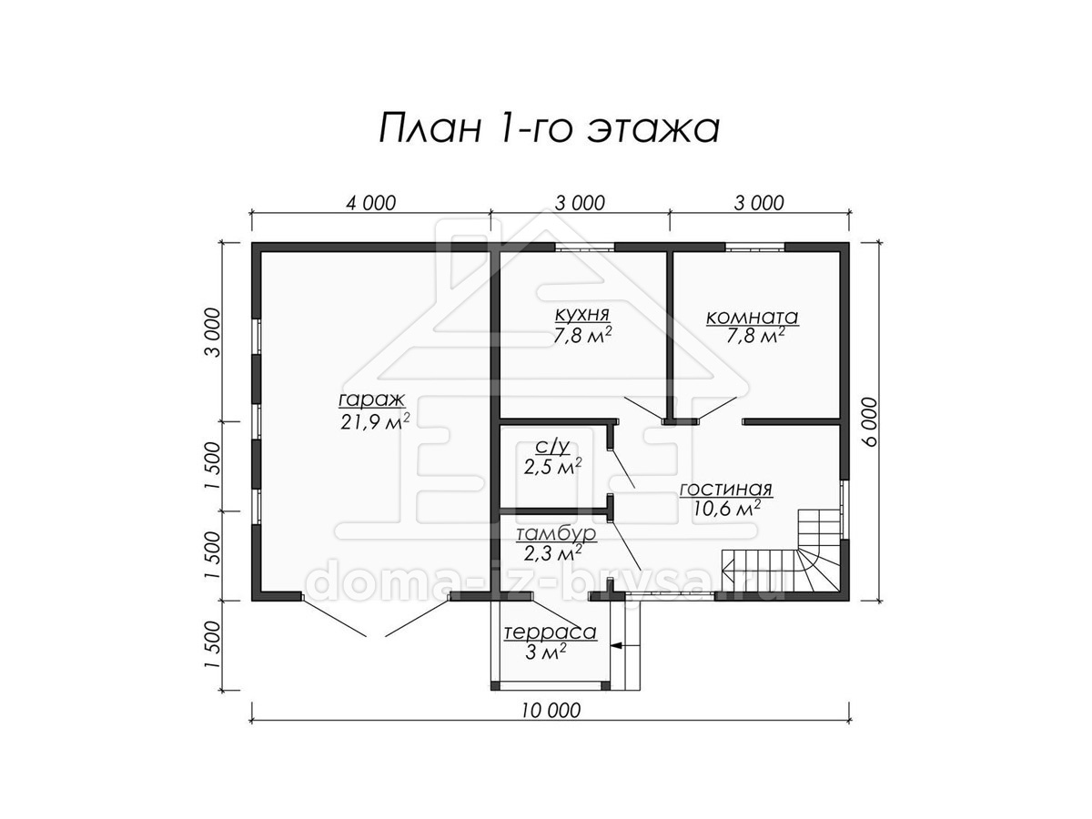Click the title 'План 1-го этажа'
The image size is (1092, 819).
coord(550,129)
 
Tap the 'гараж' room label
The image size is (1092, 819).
coord(372,399)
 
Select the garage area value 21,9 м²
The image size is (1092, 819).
coord(375,420)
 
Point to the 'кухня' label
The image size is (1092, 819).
coord(582,315)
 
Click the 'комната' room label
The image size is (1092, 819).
coord(753,317)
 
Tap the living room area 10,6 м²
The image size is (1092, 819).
coord(726,508)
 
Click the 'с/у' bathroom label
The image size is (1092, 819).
coord(552,448)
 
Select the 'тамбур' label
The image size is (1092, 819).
coord(556,534)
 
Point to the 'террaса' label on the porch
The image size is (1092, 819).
coord(551,633)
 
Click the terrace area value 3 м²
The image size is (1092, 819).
coord(546,652)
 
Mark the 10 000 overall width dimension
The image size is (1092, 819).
coord(551,711)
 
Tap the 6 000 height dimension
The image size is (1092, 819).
coord(869,421)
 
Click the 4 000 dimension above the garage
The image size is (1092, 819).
coord(370,203)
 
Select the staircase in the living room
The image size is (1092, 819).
coord(782,551)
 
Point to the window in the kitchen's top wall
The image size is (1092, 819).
coord(585,247)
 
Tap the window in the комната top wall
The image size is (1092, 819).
coord(755,247)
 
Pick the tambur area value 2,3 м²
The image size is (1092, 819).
coord(552,553)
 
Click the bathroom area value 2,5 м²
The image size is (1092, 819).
coord(552,467)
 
